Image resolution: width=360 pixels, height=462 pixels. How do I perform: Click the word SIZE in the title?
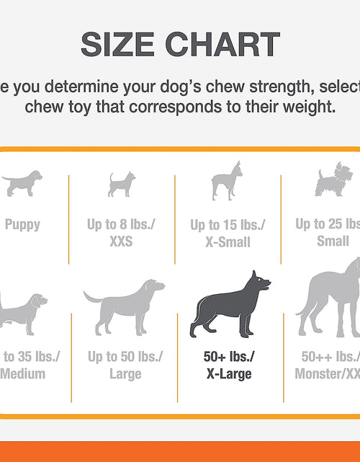point(115,45)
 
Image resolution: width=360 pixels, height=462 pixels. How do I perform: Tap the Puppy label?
point(22,224)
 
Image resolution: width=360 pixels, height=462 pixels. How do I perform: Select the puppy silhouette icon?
point(22,183)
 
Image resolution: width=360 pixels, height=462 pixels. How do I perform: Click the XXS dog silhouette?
point(122,185)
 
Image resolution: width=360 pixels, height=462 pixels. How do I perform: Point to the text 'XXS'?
point(122,241)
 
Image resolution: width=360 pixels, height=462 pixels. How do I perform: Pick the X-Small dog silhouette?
point(226,180)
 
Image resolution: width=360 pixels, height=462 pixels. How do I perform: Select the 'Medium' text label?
point(23,374)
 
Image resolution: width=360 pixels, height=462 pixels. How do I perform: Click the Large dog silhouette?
point(124,306)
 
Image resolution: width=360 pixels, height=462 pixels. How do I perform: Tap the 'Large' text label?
point(125,374)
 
